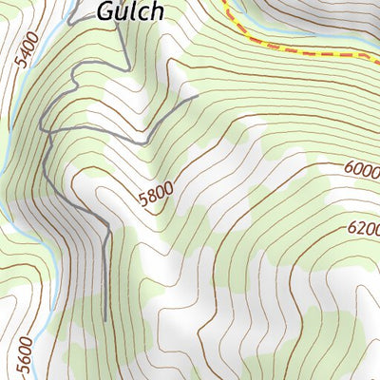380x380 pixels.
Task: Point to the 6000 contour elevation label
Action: (361, 170)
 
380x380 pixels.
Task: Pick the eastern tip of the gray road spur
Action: (197, 95)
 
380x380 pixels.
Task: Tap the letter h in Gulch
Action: (156, 10)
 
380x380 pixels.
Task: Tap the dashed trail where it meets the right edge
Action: (377, 55)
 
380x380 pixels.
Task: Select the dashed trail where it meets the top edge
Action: (225, 2)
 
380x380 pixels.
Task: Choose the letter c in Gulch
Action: (144, 12)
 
